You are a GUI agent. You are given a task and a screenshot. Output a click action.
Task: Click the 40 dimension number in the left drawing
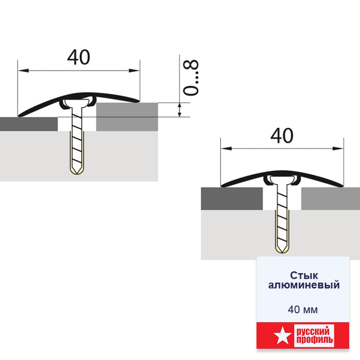pyautogui.click(x=78, y=57)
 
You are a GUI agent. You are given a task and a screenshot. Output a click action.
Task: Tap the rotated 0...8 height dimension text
pyautogui.click(x=191, y=78)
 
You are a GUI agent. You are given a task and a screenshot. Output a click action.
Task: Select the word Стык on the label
pyautogui.click(x=304, y=275)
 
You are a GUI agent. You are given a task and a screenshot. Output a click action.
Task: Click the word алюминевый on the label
pyautogui.click(x=304, y=285)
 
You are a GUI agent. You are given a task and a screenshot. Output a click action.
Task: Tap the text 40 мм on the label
pyautogui.click(x=303, y=310)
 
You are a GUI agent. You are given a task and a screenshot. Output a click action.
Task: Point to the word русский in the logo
pyautogui.click(x=313, y=332)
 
